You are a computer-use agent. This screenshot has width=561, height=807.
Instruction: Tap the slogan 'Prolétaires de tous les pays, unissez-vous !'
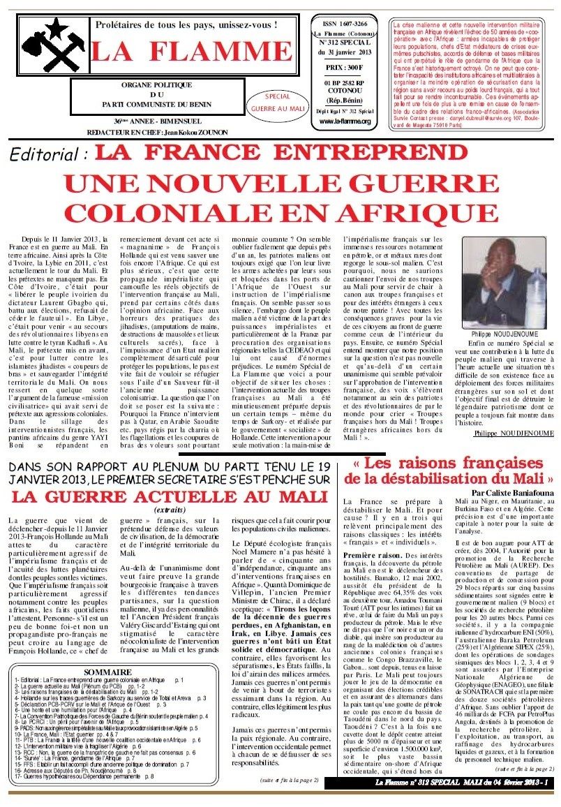(x=186, y=25)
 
